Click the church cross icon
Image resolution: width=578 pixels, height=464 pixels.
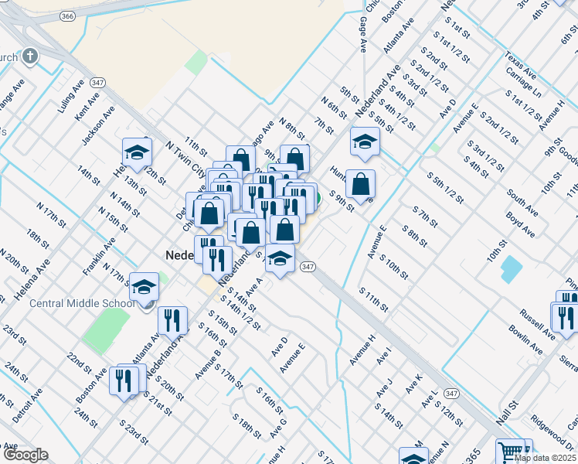point(30,56)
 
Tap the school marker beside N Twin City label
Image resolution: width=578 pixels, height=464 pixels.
point(137,152)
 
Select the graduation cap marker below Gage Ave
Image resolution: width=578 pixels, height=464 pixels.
point(364,142)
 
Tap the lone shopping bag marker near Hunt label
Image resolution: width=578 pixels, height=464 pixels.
point(360,184)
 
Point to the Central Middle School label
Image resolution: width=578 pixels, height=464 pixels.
point(82,302)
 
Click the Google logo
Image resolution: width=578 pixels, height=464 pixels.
point(25,455)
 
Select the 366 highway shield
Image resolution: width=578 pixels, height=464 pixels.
point(68,15)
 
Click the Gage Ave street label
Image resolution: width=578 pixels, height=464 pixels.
point(362,36)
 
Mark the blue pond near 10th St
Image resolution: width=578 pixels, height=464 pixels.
point(511,268)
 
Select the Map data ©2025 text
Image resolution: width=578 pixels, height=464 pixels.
point(544,457)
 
